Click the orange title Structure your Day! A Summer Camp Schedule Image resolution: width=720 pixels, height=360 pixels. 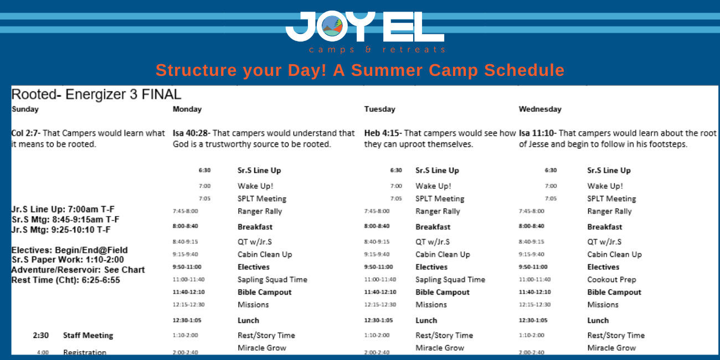[x=360, y=70]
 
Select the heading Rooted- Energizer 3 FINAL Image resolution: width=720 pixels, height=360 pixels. [x=96, y=94]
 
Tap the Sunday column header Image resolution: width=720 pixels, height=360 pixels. [x=25, y=109]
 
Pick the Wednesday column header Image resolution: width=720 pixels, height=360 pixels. [x=540, y=109]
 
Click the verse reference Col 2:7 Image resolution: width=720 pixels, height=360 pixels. [x=25, y=133]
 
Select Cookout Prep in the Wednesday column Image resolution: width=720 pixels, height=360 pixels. [x=611, y=280]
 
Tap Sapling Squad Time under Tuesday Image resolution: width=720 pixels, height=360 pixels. [x=450, y=280]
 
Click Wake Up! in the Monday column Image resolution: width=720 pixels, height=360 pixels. [x=255, y=186]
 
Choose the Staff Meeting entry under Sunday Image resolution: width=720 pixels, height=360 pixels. [x=88, y=335]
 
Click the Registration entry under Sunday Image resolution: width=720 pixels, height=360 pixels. [x=84, y=352]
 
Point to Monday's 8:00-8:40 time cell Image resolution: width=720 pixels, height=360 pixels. [x=185, y=227]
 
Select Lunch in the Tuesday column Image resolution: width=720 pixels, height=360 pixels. [x=426, y=320]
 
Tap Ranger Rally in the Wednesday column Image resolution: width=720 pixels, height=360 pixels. [x=609, y=211]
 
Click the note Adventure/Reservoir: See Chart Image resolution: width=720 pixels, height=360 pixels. [x=78, y=270]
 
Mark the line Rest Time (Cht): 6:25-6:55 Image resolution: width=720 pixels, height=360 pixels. [x=65, y=280]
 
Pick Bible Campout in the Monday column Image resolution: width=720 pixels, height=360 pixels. [x=264, y=292]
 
